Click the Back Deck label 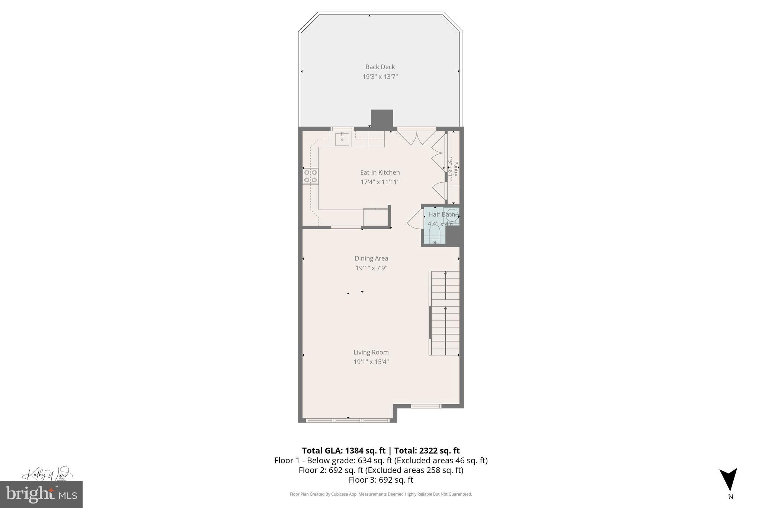pyautogui.click(x=380, y=67)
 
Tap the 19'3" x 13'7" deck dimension pyautogui.click(x=380, y=77)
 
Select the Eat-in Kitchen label pyautogui.click(x=380, y=172)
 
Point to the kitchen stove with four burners pyautogui.click(x=311, y=176)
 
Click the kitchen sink pyautogui.click(x=342, y=139)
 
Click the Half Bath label pyautogui.click(x=441, y=214)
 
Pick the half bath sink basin pyautogui.click(x=452, y=215)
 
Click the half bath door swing pyautogui.click(x=414, y=220)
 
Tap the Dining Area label pyautogui.click(x=371, y=258)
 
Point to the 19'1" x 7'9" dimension pyautogui.click(x=371, y=268)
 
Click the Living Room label pyautogui.click(x=371, y=352)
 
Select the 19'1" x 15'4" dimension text pyautogui.click(x=371, y=362)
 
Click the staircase pyautogui.click(x=445, y=313)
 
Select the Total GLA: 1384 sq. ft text pyautogui.click(x=343, y=451)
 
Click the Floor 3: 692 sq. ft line pyautogui.click(x=381, y=480)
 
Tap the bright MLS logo pyautogui.click(x=41, y=494)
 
